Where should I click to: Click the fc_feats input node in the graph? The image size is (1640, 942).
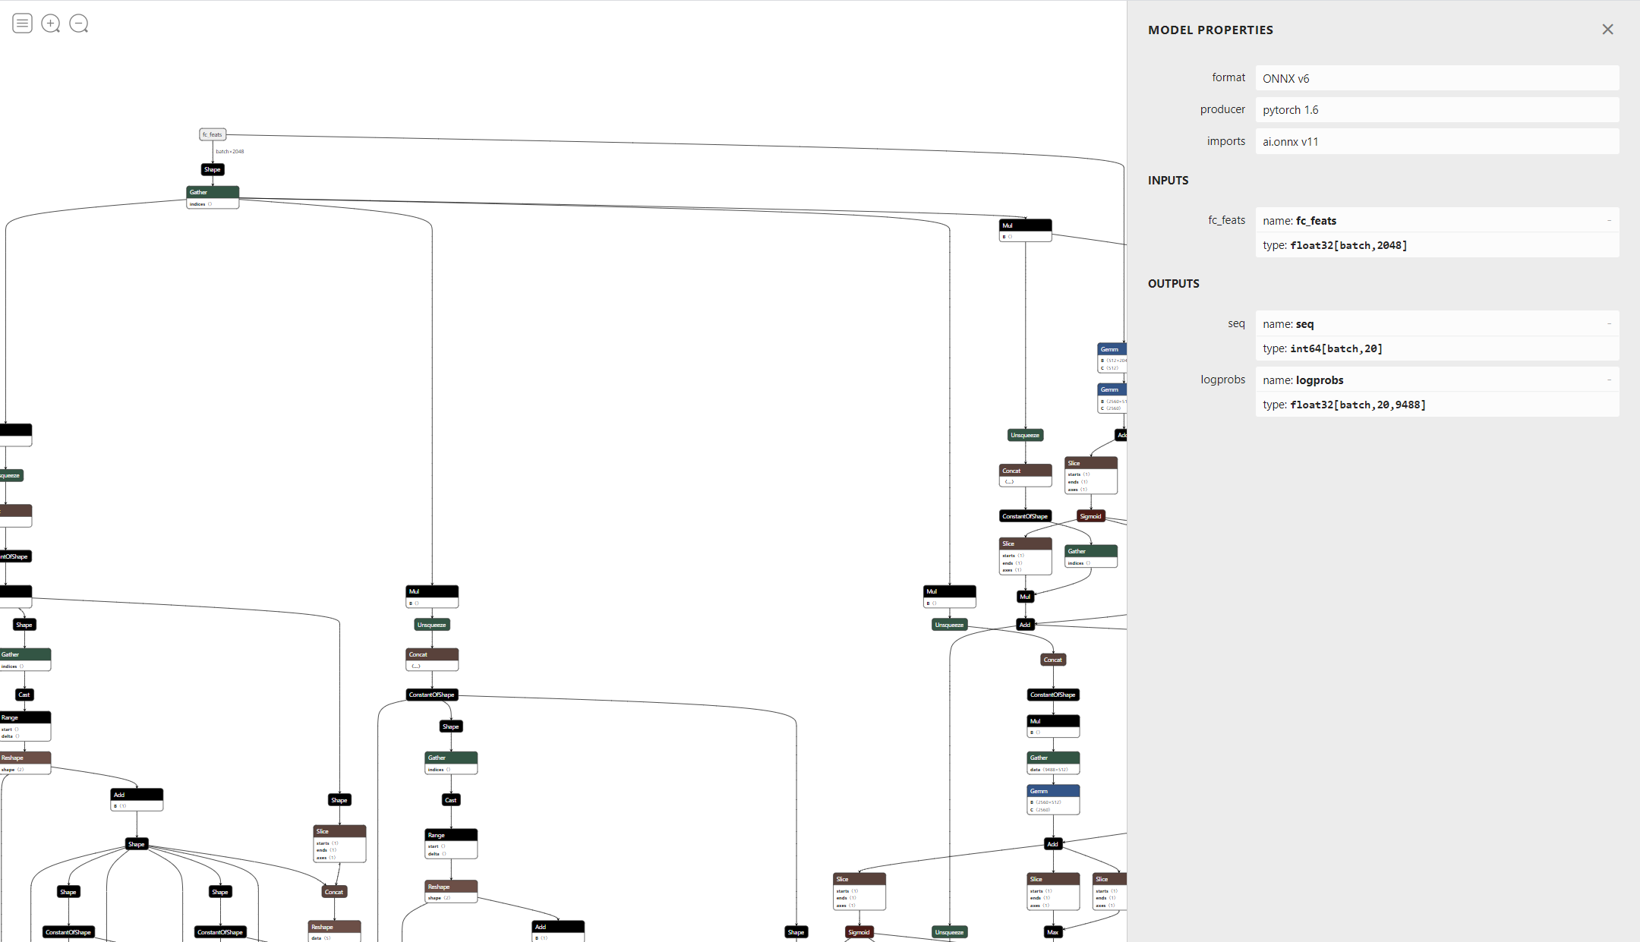pos(213,134)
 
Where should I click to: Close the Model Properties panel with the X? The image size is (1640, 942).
pos(1607,30)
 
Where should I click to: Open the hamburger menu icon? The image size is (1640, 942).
pos(23,24)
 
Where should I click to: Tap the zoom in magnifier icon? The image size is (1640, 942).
pos(51,24)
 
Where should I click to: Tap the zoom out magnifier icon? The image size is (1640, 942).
pos(79,24)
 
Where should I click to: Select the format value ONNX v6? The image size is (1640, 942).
pos(1285,78)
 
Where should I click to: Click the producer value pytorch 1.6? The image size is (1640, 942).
pos(1290,110)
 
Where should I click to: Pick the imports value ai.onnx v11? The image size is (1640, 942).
pos(1290,142)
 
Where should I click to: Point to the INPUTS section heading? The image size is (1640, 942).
pos(1168,181)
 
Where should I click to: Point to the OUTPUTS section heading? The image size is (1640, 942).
pos(1173,284)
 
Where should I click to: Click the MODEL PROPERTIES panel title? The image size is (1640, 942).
pos(1210,30)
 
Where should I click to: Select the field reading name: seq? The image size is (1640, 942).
pos(1288,324)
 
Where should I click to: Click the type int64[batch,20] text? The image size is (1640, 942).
pos(1322,348)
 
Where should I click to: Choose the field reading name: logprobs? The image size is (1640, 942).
pos(1303,380)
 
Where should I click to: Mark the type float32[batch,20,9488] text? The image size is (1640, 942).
pos(1344,405)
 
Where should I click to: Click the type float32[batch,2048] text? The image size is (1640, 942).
pos(1335,245)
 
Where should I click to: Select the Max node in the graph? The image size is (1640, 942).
pos(1052,932)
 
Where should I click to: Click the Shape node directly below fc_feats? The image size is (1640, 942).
pos(213,169)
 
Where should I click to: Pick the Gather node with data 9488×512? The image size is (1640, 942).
pos(1053,762)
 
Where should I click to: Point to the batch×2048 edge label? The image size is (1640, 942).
pos(230,152)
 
